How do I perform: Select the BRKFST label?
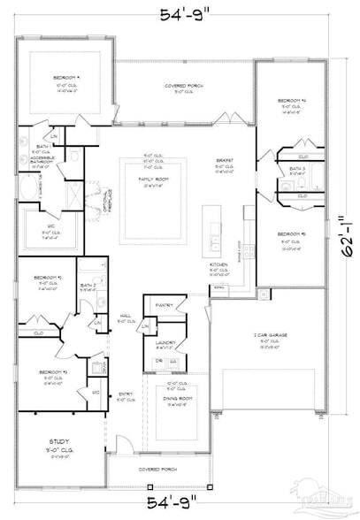click(x=225, y=161)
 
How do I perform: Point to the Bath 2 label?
click(x=87, y=286)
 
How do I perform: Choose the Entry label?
click(x=126, y=395)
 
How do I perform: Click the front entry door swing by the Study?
click(x=127, y=446)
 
